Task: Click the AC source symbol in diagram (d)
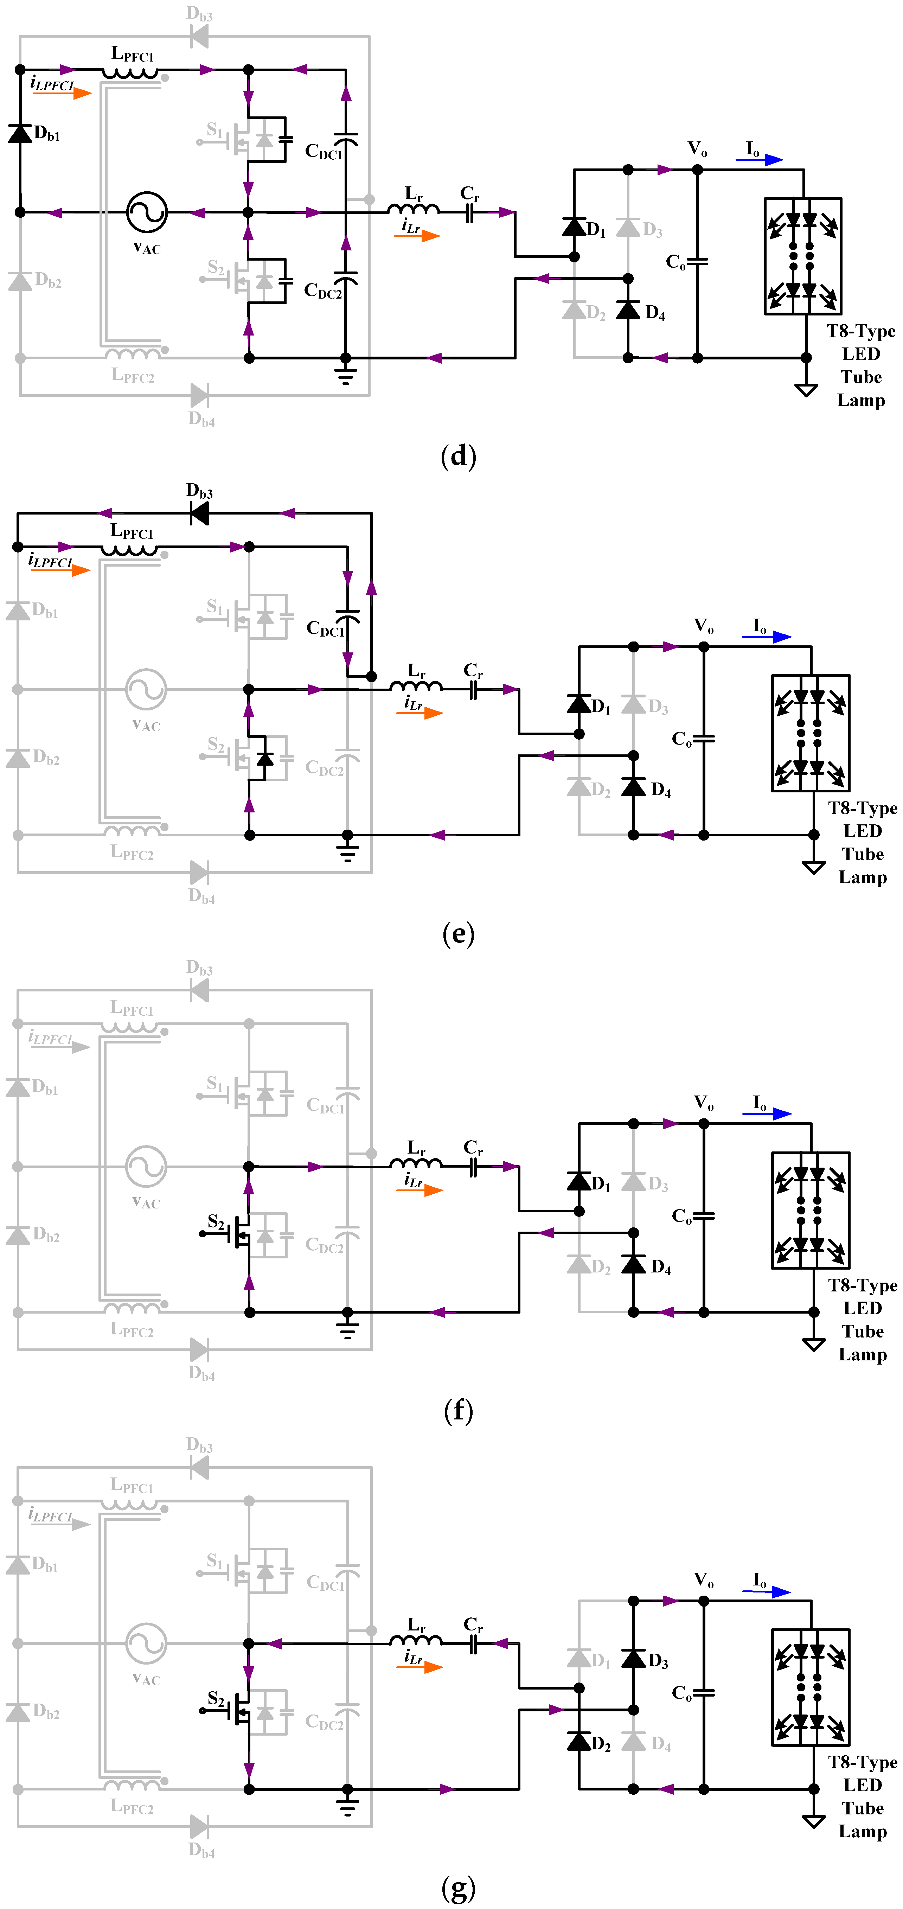pos(147,213)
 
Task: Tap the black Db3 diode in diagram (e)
pos(199,513)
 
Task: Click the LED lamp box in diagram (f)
pos(811,1210)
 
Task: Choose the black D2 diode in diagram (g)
pos(578,1741)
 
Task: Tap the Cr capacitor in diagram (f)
pos(473,1167)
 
